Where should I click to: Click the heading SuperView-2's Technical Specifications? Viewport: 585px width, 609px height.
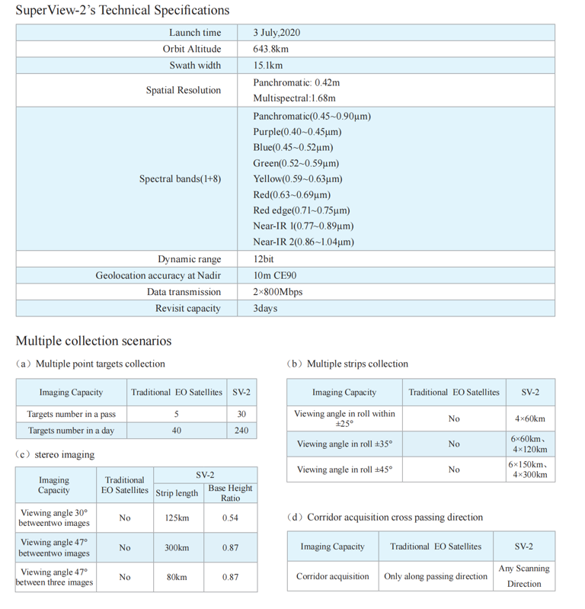click(122, 11)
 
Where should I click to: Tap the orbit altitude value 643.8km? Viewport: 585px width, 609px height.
click(270, 49)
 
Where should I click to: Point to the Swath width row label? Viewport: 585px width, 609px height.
click(195, 66)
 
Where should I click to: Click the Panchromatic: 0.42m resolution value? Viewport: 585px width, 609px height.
click(296, 82)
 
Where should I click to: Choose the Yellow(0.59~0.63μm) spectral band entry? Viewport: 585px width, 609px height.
click(298, 179)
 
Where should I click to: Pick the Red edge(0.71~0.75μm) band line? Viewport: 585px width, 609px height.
click(302, 210)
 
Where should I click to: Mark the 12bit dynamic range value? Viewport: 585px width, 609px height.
click(264, 259)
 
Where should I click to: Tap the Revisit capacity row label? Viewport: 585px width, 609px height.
click(188, 309)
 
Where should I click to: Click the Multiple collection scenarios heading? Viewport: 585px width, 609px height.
click(94, 341)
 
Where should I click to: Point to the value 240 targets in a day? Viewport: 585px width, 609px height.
click(241, 431)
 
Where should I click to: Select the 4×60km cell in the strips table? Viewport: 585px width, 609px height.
click(530, 418)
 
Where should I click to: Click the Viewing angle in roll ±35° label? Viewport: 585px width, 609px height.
click(344, 444)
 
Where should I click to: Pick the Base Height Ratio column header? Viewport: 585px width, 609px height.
click(230, 492)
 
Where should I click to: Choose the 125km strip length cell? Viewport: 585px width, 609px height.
click(177, 518)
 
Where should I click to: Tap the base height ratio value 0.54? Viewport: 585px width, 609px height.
click(230, 518)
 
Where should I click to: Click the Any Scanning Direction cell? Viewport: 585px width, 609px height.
click(524, 576)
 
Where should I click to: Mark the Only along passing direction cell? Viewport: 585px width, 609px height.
click(436, 576)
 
